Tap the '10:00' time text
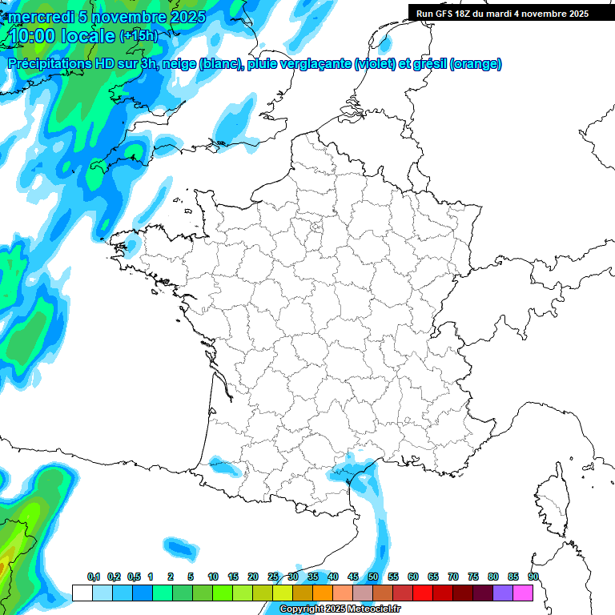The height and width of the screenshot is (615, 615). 33,36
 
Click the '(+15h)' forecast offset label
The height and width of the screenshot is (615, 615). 139,36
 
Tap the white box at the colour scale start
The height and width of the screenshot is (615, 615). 82,593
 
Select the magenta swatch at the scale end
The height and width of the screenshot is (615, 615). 523,593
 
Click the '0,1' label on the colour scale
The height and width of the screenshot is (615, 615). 93,577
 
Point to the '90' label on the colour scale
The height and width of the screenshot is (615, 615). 533,577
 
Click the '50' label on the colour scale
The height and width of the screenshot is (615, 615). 373,577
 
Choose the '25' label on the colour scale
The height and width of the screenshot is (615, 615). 273,577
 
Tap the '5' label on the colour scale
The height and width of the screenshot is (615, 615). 191,577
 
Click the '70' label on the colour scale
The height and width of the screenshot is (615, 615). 453,577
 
